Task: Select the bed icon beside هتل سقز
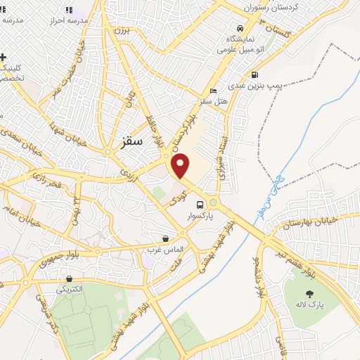214,91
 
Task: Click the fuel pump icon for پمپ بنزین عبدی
254,75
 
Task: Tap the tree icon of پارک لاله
308,293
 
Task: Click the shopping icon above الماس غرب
165,239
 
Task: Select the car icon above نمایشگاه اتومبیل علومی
241,29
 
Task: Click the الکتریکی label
70,289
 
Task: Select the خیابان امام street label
18,207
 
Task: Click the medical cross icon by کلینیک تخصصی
4,57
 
